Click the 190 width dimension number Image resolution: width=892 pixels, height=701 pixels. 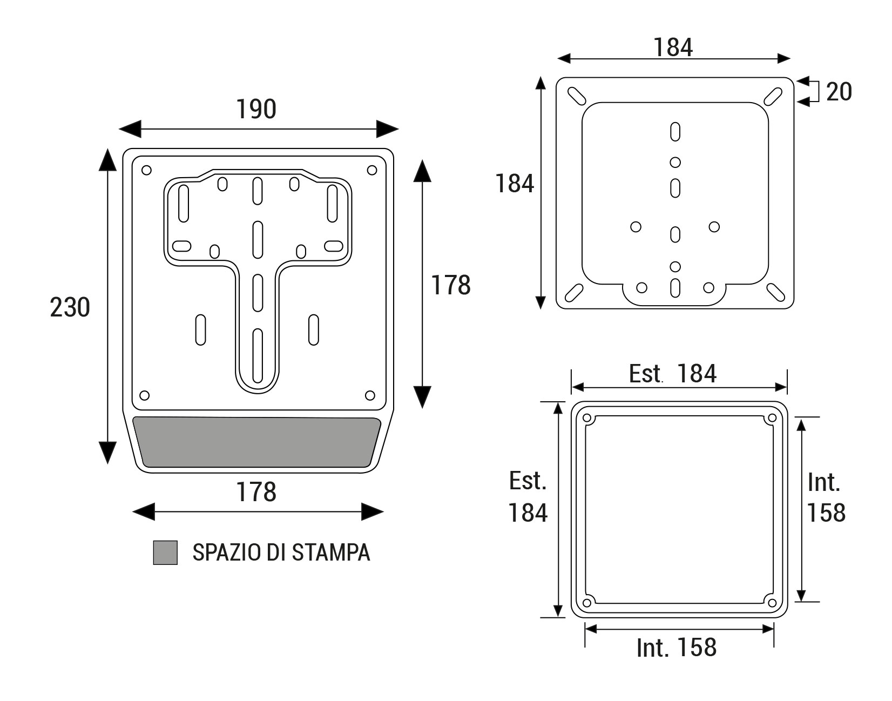pos(256,109)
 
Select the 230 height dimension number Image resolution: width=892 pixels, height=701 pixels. pos(70,307)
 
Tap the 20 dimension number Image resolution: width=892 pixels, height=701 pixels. pos(839,91)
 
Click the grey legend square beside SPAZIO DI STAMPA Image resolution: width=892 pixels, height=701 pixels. pos(165,552)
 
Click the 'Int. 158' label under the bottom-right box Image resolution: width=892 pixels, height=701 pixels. pos(677,648)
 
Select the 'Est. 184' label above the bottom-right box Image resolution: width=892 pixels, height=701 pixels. pos(672,374)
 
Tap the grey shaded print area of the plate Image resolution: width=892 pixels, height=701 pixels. pos(256,442)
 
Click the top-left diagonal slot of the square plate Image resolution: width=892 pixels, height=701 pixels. pos(577,97)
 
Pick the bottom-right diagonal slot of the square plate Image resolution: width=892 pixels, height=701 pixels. pos(776,292)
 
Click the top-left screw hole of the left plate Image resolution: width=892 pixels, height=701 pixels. pos(146,170)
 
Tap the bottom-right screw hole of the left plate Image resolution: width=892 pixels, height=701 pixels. pos(370,395)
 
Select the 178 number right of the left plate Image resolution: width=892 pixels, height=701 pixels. pos(451,285)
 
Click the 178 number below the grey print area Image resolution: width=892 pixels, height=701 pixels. pos(256,492)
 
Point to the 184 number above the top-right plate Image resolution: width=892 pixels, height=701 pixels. pos(673,47)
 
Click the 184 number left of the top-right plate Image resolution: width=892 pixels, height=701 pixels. pos(515,183)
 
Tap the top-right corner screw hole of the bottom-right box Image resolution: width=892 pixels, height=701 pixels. pos(772,418)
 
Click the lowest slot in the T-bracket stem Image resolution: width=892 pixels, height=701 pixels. pos(258,355)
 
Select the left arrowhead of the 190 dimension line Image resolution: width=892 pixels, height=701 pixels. pos(130,129)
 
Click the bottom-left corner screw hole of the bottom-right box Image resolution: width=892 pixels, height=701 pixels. pos(587,603)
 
